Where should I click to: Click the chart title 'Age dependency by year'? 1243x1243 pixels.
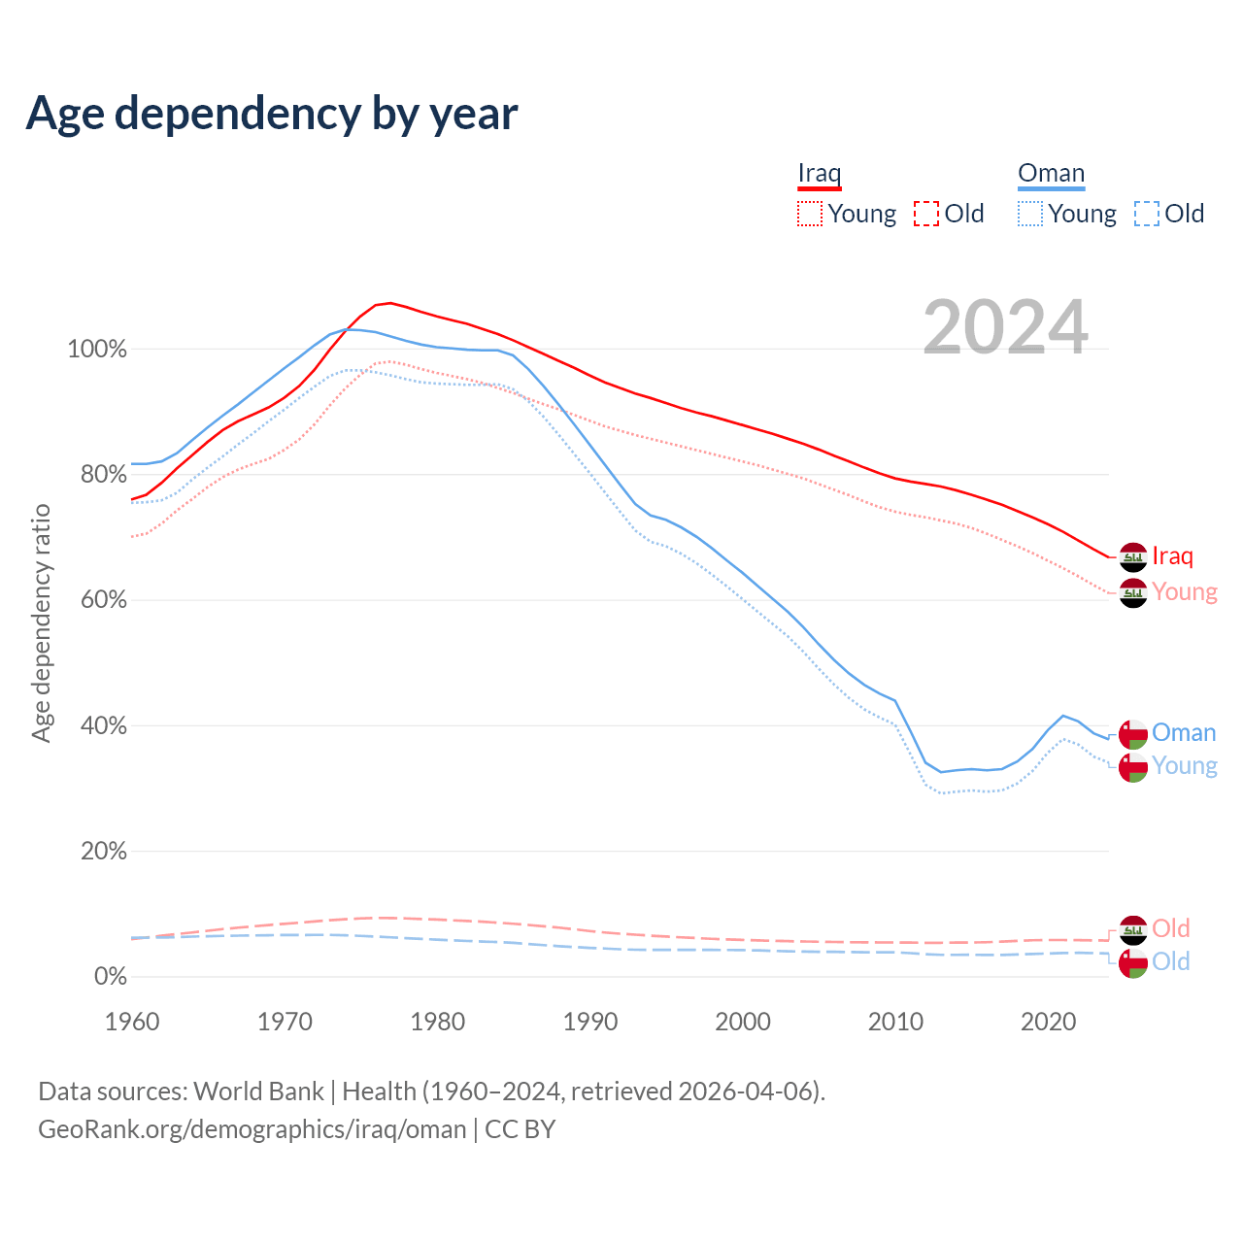(272, 113)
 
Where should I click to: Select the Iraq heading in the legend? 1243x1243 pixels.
(819, 174)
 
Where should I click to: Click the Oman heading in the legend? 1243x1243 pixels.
(1051, 174)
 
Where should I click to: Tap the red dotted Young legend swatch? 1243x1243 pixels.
(809, 214)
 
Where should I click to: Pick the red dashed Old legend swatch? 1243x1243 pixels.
(926, 214)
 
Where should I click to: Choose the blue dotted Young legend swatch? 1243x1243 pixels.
(1030, 214)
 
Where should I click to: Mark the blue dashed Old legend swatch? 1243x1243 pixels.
(1147, 214)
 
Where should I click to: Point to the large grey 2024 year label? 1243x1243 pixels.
(1005, 327)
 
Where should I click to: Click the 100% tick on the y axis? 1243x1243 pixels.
(97, 349)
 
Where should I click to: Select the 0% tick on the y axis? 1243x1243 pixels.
(110, 976)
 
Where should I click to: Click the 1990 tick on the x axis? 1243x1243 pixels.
(590, 1022)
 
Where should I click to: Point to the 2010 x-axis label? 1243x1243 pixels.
(895, 1022)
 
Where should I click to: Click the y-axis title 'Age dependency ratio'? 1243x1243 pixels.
(41, 622)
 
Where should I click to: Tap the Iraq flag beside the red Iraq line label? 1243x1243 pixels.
(1133, 557)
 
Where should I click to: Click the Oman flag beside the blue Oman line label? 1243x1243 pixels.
(1133, 734)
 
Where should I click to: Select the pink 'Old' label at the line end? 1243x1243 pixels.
(1170, 928)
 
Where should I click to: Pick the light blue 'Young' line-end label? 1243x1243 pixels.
(1185, 766)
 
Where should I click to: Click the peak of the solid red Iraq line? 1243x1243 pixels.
(389, 303)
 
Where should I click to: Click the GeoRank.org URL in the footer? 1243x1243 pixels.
(252, 1129)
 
